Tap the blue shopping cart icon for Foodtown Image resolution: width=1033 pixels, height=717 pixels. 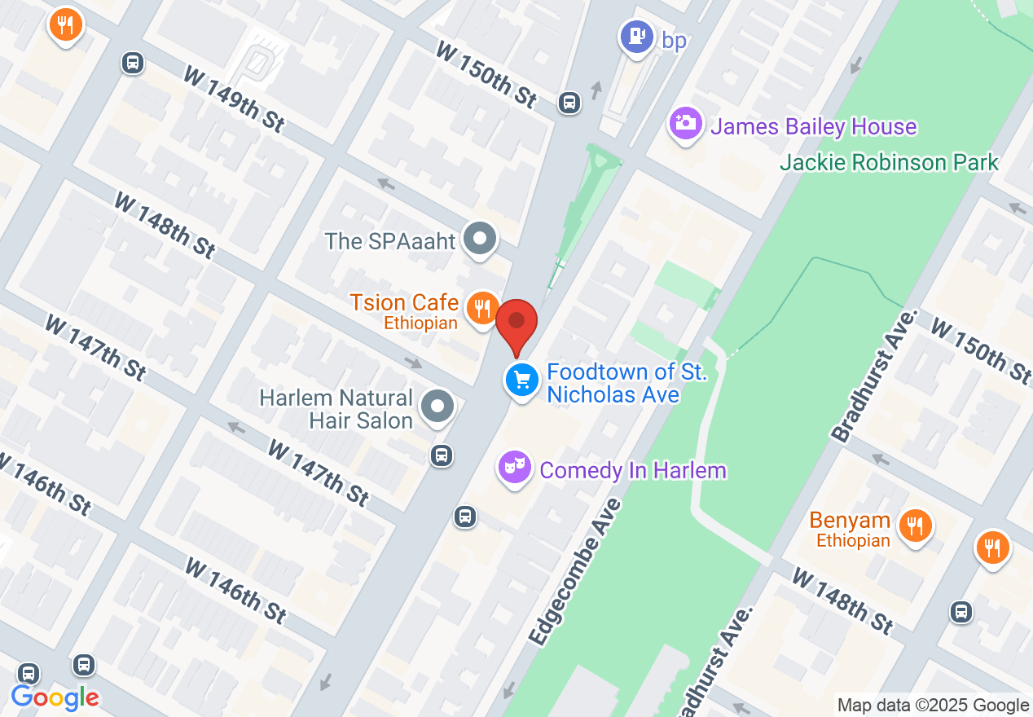(522, 380)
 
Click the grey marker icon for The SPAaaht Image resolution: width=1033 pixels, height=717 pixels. (480, 240)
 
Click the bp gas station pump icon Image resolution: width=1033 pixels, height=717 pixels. (637, 36)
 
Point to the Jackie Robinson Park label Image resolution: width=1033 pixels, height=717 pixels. (889, 162)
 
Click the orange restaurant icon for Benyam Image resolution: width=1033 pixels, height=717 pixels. (916, 524)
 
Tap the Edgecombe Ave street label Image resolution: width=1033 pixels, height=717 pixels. (574, 572)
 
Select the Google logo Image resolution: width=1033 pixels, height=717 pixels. (55, 697)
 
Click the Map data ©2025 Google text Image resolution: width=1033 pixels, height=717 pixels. (933, 706)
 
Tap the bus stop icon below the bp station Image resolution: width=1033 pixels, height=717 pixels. (569, 103)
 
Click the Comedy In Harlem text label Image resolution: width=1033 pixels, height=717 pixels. (632, 470)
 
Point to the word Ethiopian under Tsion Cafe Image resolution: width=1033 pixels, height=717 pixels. (420, 323)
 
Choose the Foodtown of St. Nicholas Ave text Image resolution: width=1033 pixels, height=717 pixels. (626, 383)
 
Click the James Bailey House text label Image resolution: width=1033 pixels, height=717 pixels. (813, 127)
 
